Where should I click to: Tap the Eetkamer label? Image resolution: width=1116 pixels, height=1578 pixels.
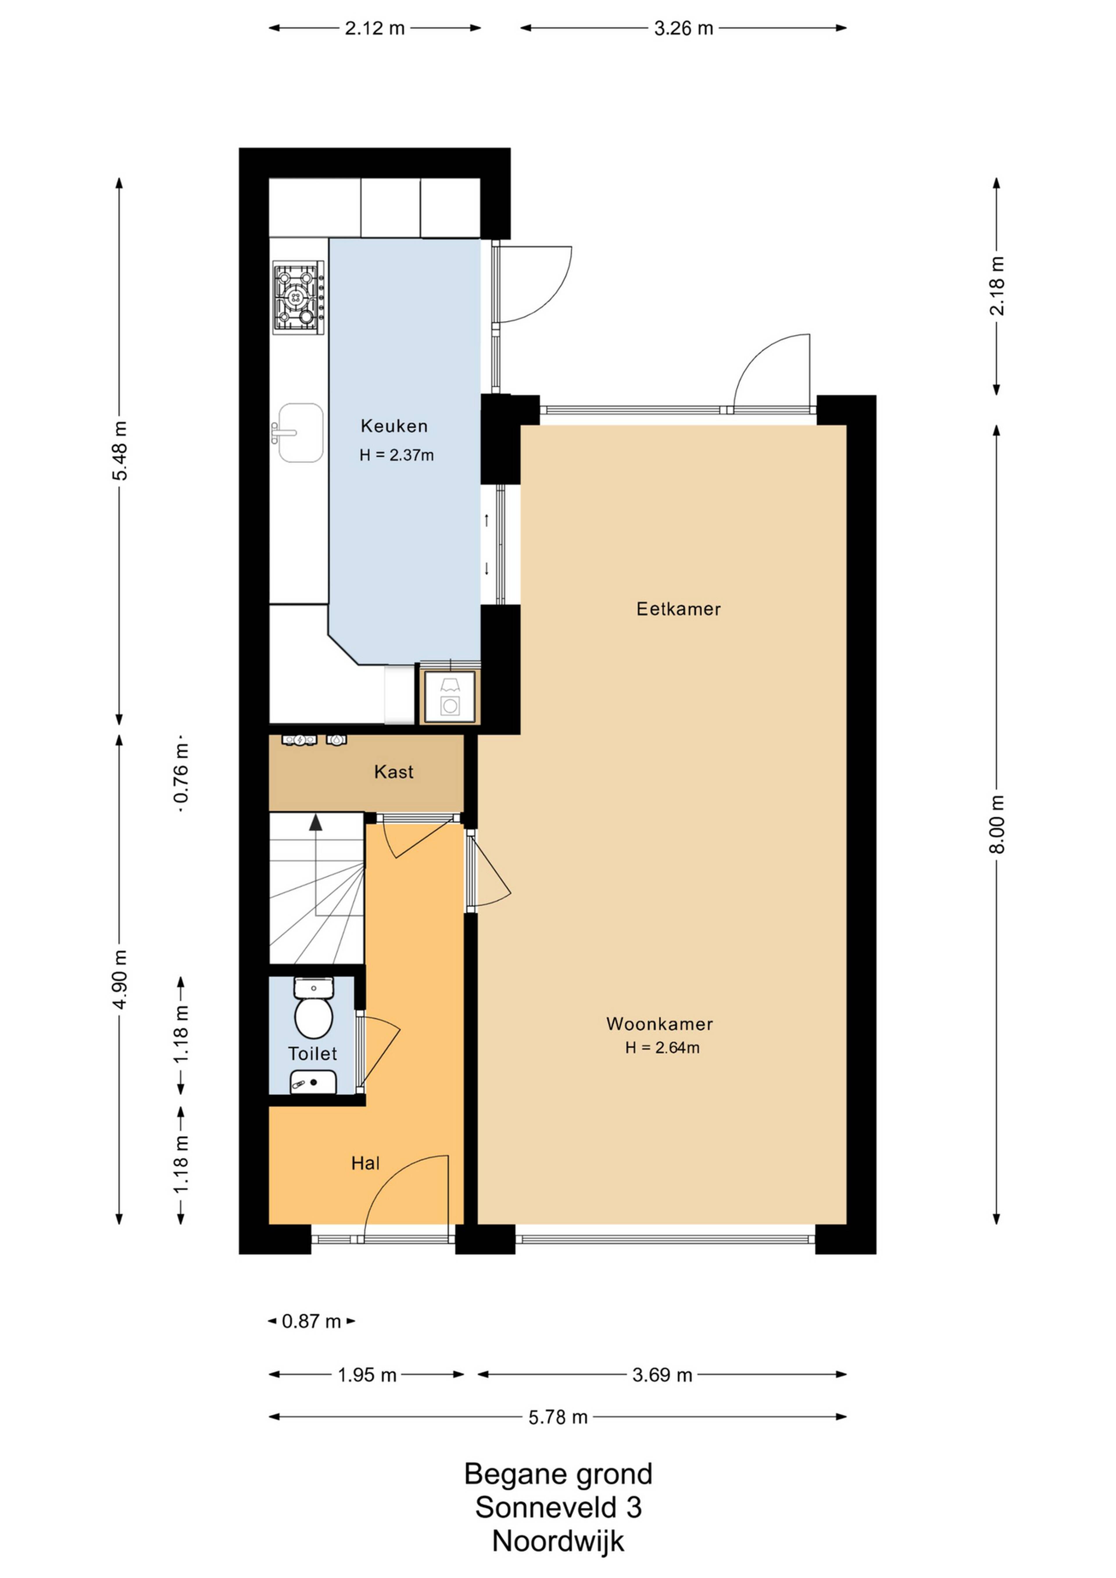click(x=678, y=609)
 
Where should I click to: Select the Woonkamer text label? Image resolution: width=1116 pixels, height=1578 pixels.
click(x=659, y=1024)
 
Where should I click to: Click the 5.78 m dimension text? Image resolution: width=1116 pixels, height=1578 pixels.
click(x=558, y=1417)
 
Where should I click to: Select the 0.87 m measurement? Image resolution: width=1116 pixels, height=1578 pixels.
click(x=311, y=1321)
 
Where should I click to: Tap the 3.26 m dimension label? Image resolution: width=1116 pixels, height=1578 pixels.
click(x=684, y=28)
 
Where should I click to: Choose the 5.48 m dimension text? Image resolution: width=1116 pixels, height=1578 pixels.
click(x=119, y=451)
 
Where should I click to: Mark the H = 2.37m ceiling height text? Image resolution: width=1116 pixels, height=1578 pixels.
click(x=396, y=455)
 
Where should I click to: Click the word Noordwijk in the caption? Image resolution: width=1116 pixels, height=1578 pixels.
click(x=558, y=1541)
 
